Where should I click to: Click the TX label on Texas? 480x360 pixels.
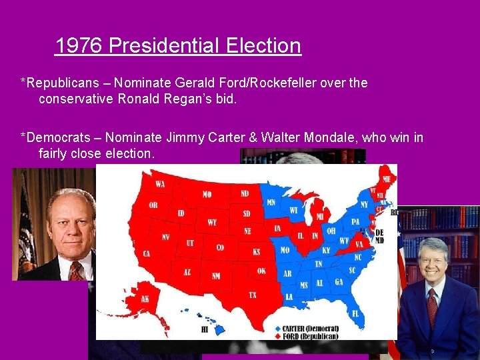pos(253,295)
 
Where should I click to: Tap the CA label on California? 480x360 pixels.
pos(147,253)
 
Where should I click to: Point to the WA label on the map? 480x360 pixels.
pos(160,183)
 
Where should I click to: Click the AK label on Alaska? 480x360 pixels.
pos(145,299)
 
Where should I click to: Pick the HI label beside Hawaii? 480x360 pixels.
pos(205,329)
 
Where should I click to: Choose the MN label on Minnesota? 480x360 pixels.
pos(271,202)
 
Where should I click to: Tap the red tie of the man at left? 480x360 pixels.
pos(75,270)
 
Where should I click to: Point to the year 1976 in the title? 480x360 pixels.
pos(79,46)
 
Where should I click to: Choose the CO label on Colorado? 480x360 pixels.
pos(220,247)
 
